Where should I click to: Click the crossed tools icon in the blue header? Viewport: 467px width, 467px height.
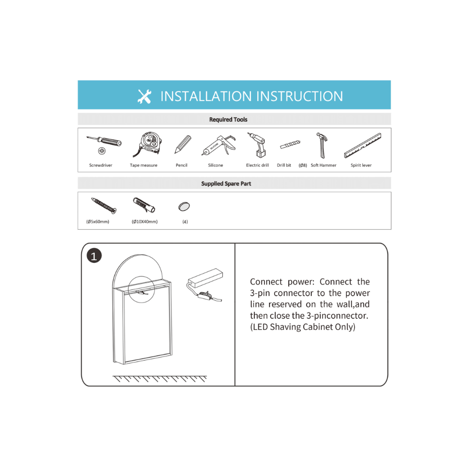(144, 97)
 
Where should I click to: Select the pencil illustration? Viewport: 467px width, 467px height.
(183, 144)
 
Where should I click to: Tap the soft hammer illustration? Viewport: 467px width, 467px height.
(322, 145)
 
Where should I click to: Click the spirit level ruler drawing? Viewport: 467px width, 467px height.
(362, 145)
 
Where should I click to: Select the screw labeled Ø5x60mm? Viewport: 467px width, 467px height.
(104, 205)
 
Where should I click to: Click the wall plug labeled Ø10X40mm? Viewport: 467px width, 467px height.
(144, 205)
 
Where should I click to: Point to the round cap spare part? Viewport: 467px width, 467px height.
(184, 206)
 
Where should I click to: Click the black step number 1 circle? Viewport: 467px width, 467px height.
(94, 256)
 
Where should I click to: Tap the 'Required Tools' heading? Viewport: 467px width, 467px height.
(228, 120)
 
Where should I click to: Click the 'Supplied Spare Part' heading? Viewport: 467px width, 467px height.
(226, 184)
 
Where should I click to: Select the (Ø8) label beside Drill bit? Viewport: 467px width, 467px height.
(303, 165)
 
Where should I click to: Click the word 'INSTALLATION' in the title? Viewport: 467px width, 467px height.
(206, 97)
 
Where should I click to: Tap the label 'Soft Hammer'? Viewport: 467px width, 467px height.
(324, 165)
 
